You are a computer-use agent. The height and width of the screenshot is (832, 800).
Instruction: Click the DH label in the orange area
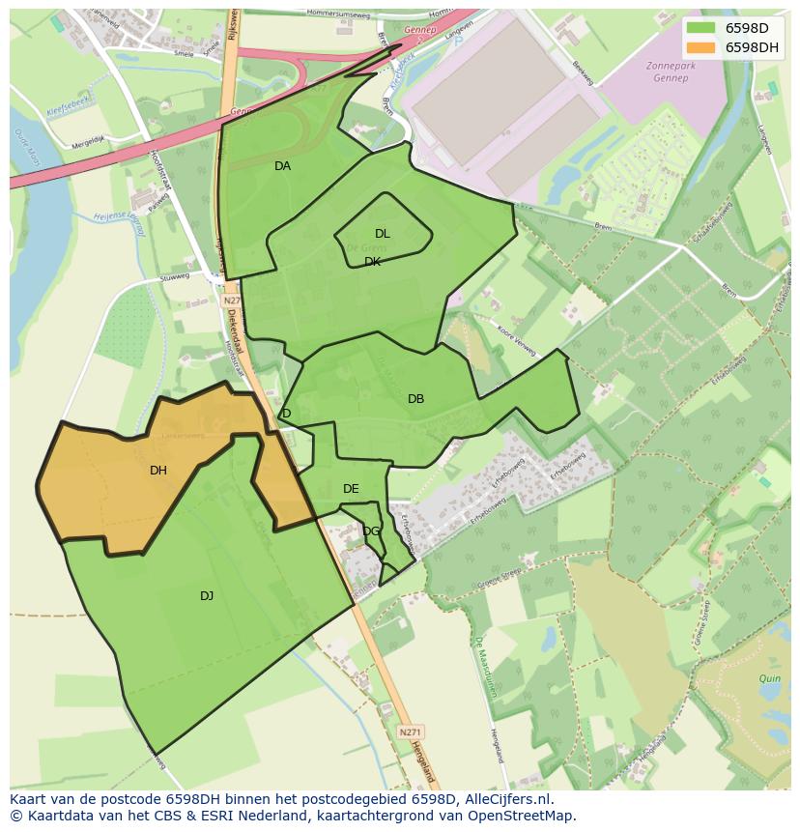(158, 471)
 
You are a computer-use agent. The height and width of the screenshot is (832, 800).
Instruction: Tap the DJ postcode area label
(207, 596)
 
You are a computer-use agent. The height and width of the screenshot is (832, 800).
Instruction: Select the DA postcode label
(282, 166)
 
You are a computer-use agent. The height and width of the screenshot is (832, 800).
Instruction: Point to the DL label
(383, 234)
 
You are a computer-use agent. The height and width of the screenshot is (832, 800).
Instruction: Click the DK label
(373, 262)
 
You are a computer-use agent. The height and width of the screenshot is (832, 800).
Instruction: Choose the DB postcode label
(415, 399)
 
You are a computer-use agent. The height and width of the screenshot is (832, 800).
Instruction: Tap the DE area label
(351, 489)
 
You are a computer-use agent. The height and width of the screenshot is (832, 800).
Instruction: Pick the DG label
(371, 531)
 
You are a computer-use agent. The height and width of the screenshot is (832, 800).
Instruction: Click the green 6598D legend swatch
(702, 28)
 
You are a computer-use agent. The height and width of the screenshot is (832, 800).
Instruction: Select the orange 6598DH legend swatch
(702, 47)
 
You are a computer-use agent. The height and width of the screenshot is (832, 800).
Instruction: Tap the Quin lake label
(769, 679)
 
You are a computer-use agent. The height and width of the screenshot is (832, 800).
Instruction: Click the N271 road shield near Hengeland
(410, 733)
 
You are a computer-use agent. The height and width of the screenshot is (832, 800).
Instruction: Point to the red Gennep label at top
(420, 31)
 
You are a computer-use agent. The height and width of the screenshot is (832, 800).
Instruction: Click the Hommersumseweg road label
(338, 14)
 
